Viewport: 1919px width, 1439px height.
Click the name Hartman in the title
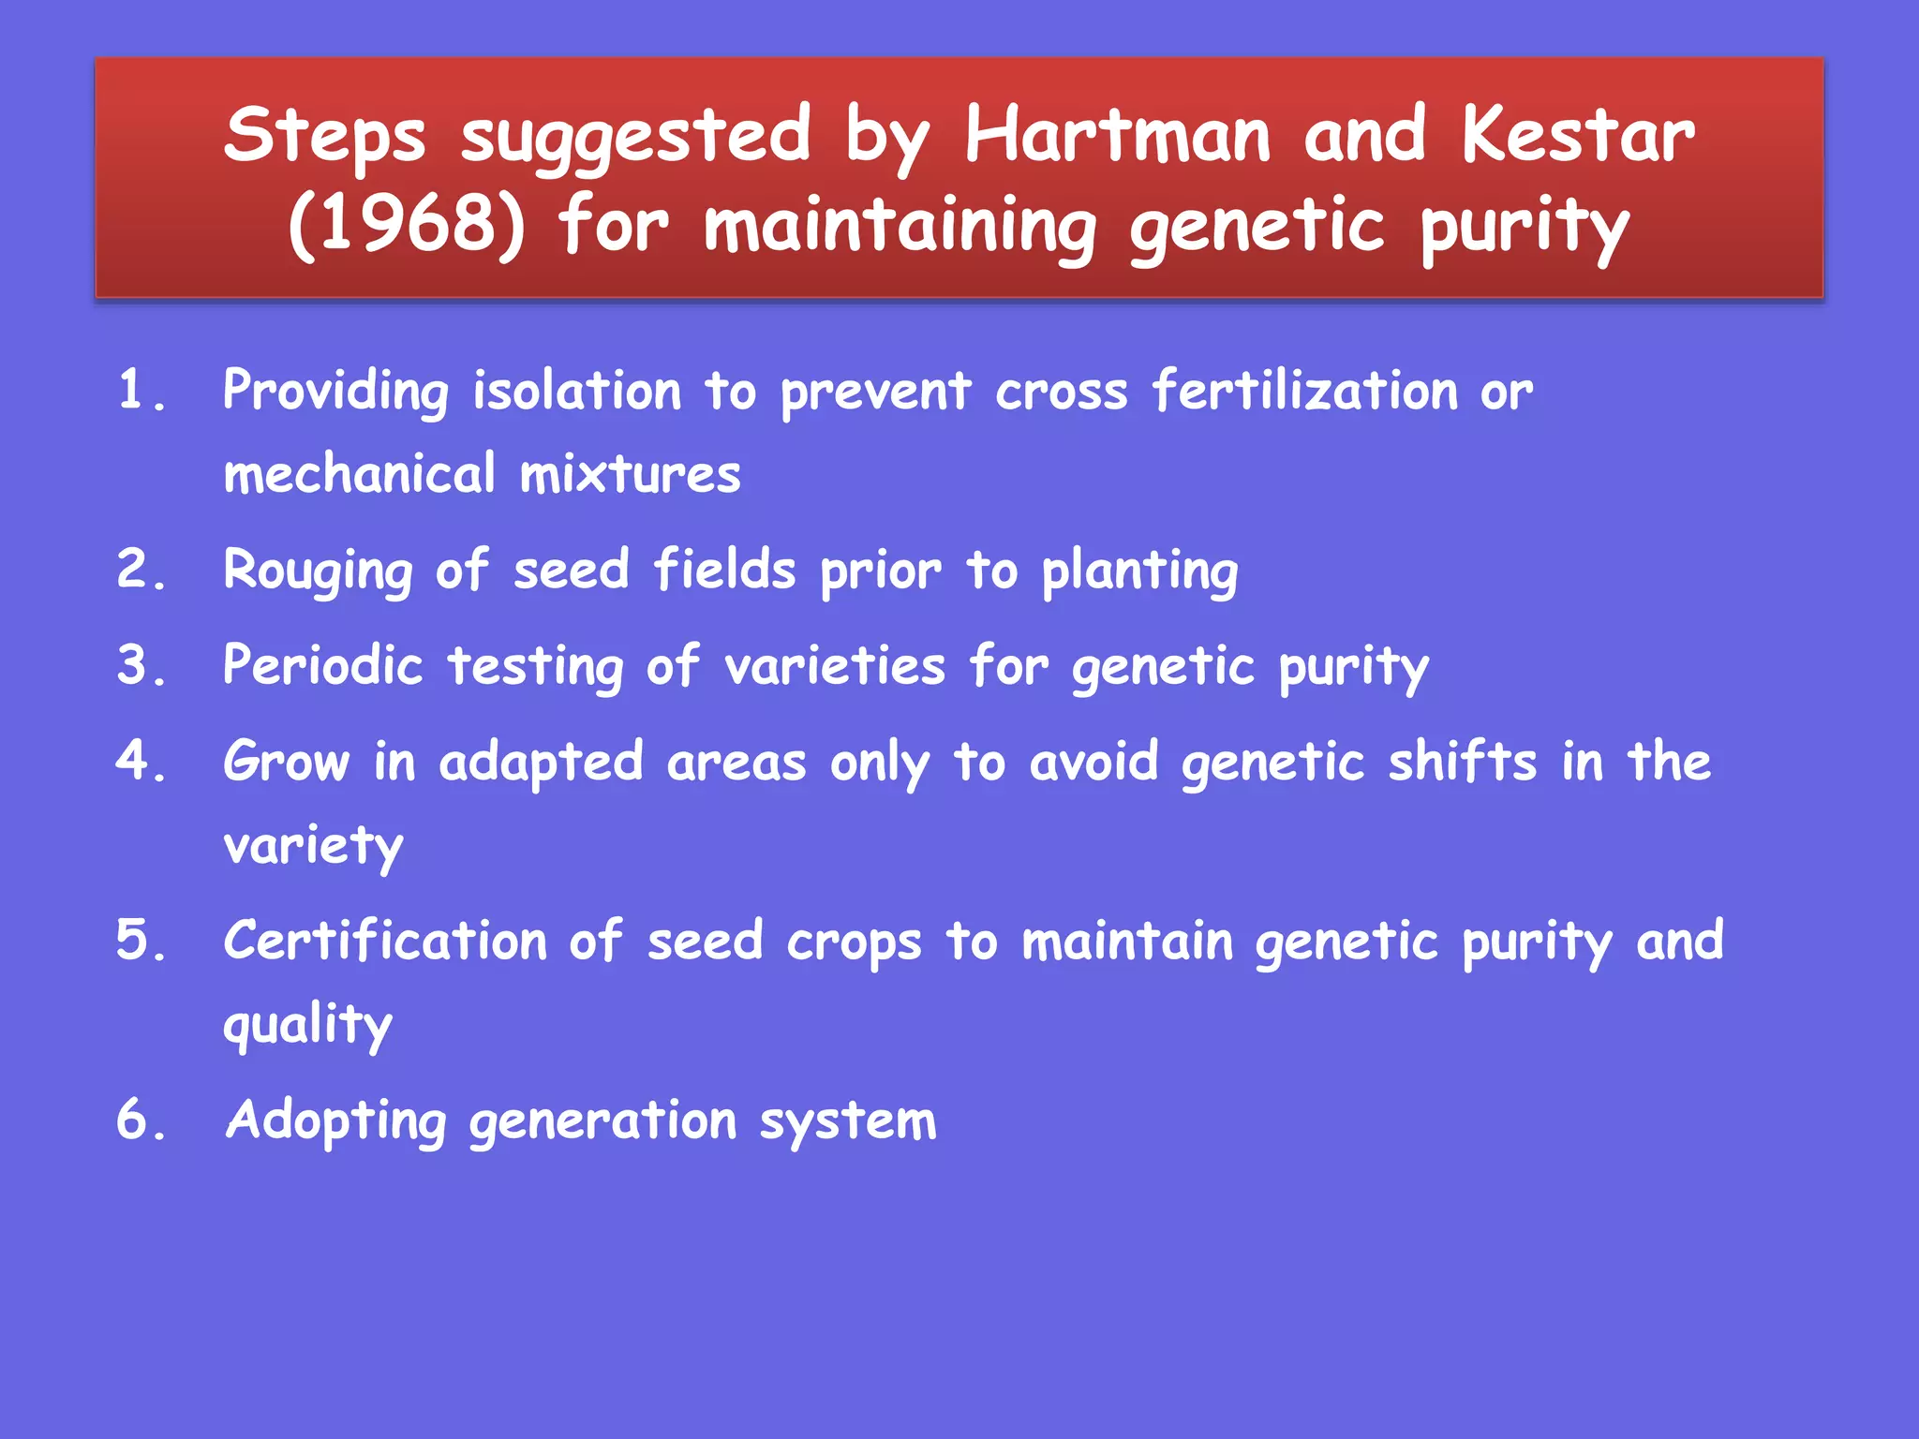[1118, 136]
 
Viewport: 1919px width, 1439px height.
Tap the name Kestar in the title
[1577, 136]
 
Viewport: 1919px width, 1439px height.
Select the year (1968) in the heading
[407, 226]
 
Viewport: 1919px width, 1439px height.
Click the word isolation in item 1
[576, 390]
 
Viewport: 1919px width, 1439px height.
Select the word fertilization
[1304, 390]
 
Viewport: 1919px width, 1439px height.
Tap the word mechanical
[359, 473]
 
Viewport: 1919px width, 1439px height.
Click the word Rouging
[318, 571]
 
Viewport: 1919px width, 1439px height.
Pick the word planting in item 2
[1139, 571]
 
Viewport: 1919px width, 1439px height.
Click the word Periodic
[322, 666]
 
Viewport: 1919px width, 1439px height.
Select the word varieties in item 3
[834, 666]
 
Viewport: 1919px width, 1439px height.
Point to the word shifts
[1462, 762]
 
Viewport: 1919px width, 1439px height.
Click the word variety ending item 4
[313, 846]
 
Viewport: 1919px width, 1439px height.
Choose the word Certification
[384, 941]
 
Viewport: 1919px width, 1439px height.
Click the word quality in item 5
[307, 1025]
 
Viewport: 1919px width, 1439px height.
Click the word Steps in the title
[324, 136]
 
